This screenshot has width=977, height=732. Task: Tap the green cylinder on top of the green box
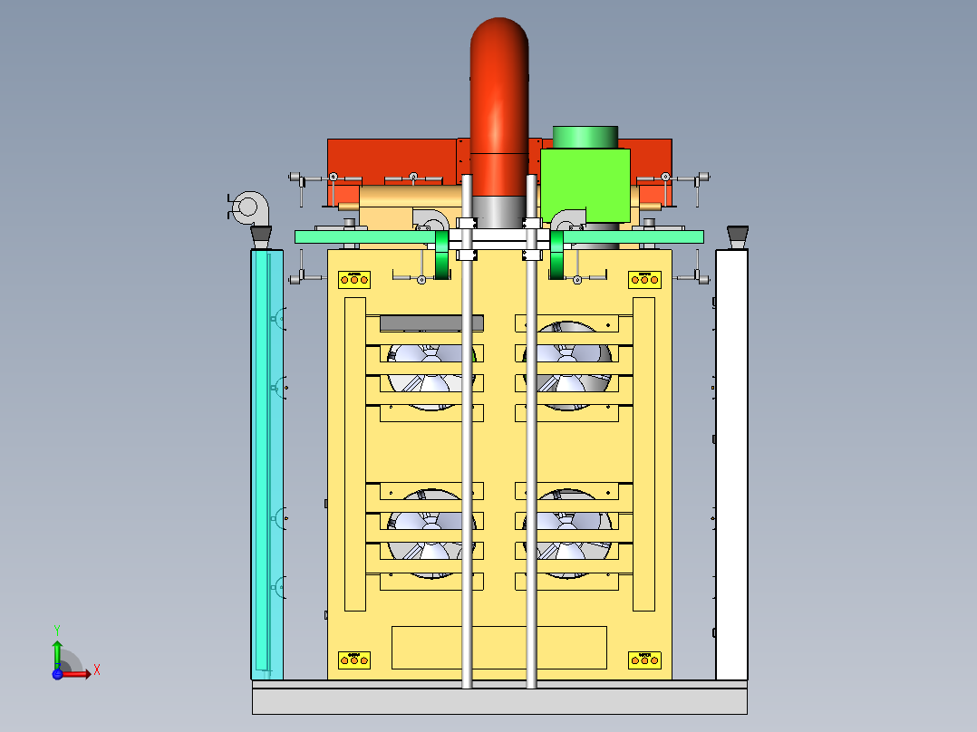tap(585, 137)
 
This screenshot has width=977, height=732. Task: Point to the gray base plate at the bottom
tap(499, 699)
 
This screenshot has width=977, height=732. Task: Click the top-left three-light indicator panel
tap(354, 279)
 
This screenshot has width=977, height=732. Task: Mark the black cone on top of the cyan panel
tap(261, 237)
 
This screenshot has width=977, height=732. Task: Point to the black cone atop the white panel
tap(737, 236)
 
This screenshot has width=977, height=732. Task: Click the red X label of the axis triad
tap(96, 670)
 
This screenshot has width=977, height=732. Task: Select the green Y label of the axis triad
tap(56, 628)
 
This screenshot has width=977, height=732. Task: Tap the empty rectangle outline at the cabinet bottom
tap(498, 647)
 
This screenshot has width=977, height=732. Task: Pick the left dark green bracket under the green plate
tap(442, 256)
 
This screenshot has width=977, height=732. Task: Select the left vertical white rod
tap(468, 453)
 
